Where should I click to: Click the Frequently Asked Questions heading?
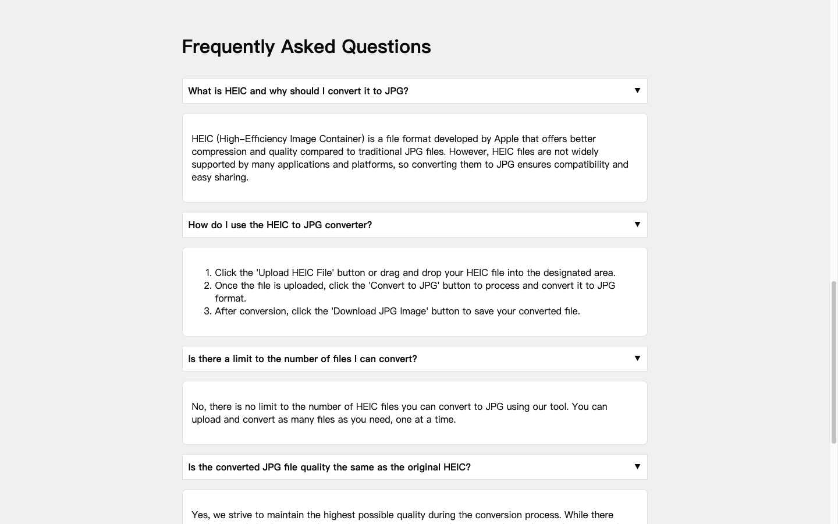tap(306, 47)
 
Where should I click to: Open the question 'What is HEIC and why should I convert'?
tap(298, 91)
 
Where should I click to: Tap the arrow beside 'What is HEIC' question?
tap(637, 90)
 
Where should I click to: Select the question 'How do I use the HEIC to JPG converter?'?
tap(280, 225)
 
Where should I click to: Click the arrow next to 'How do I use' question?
tap(637, 224)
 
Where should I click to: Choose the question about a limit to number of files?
tap(303, 359)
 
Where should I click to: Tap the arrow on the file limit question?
tap(637, 358)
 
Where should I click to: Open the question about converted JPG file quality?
tap(329, 467)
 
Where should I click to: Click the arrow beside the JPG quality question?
tap(637, 466)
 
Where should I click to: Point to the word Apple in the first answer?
tap(506, 139)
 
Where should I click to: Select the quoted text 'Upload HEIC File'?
tap(295, 272)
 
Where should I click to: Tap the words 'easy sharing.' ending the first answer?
tap(220, 177)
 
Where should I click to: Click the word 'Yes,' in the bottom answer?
tap(201, 515)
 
